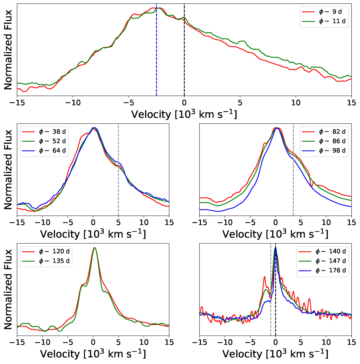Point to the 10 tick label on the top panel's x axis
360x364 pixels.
coord(295,103)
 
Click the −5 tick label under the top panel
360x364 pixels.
coord(128,103)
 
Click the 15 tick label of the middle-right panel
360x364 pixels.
coord(351,223)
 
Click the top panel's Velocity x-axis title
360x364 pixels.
coord(184,114)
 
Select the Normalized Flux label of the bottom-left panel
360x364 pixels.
coord(8,289)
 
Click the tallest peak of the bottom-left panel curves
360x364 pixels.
coord(94,248)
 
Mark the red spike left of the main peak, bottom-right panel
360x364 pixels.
coord(264,277)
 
